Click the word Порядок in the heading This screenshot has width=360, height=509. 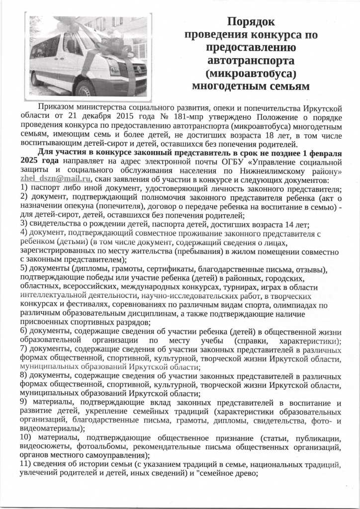pyautogui.click(x=251, y=22)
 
